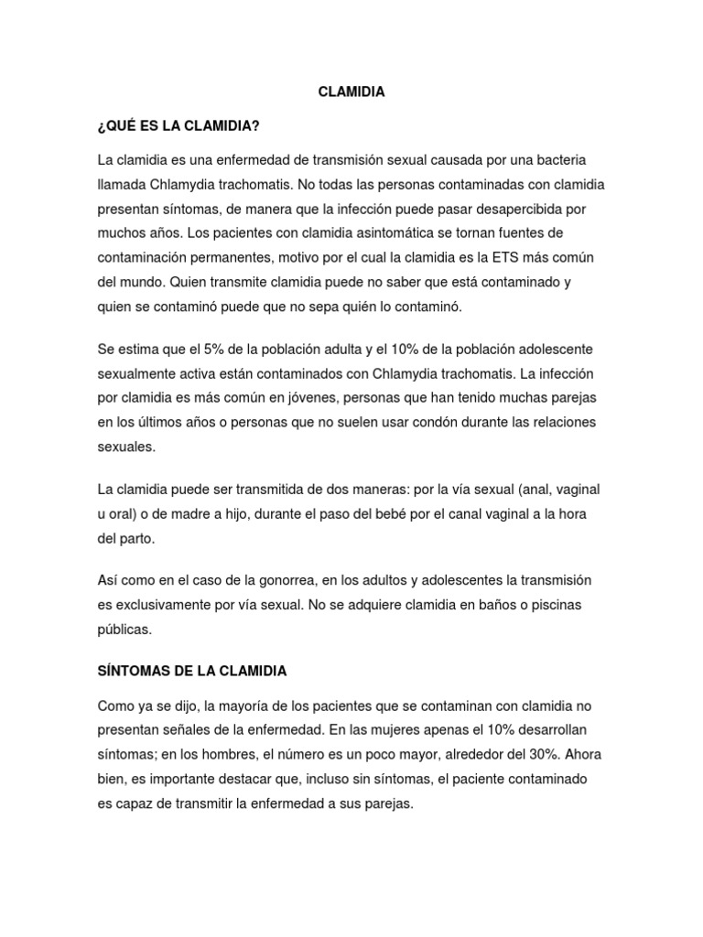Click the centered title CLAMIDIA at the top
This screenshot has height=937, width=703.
click(x=351, y=92)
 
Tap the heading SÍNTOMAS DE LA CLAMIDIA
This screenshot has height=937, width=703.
click(x=191, y=671)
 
